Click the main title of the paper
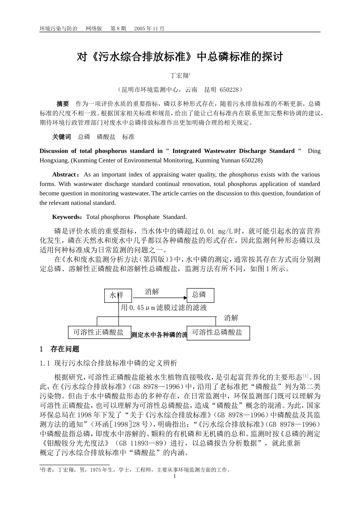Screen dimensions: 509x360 tap(180, 57)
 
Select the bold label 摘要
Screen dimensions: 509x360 tap(63, 104)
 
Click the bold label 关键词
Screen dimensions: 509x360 tap(61, 137)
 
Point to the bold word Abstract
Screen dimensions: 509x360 tap(64, 175)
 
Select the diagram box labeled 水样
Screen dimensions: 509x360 tap(118, 295)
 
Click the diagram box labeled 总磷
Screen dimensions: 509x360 tap(200, 295)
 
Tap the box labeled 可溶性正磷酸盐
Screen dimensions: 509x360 tap(99, 333)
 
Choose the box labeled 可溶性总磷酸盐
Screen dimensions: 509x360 tap(218, 333)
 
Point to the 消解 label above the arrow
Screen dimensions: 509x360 tap(152, 291)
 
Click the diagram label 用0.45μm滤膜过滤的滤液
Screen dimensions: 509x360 tap(164, 308)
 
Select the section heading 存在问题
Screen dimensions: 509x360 tap(65, 349)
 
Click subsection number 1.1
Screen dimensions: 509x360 tap(45, 363)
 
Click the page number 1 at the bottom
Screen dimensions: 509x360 tap(175, 476)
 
